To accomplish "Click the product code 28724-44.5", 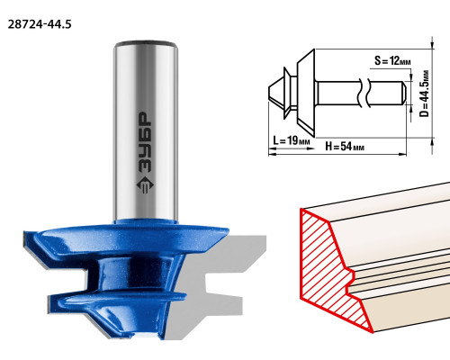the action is coord(40,24).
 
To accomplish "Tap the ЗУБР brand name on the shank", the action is coord(145,143).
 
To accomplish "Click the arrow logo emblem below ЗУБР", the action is coord(145,184).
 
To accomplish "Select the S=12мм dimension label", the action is coord(392,61).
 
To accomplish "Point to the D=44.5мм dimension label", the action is coord(424,94).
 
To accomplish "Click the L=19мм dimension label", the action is coord(291,140).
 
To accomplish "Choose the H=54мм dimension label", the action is coord(345,147).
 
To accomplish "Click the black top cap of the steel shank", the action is coord(145,43).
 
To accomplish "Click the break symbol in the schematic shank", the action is coord(364,93).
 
